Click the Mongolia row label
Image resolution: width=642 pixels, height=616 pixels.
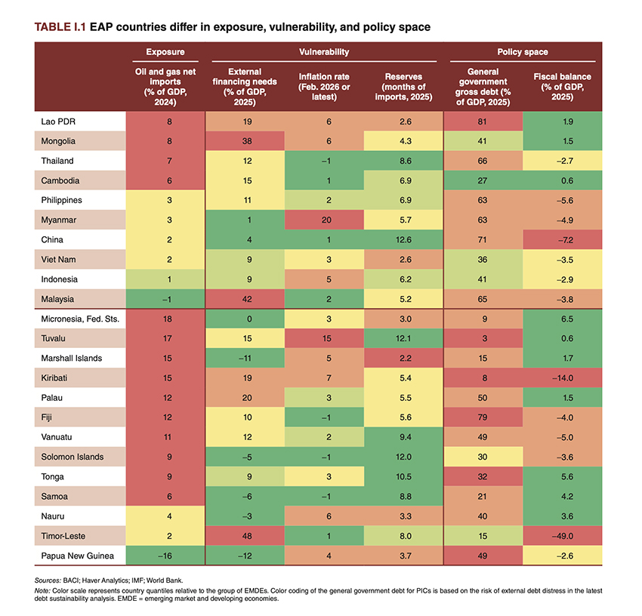tap(59, 140)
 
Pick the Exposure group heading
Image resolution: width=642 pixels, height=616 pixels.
tap(164, 52)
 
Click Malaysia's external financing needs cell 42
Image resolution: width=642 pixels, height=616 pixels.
tap(247, 299)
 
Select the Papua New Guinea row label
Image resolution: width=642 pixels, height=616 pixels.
tap(77, 556)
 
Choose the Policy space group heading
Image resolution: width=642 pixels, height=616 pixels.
tap(523, 52)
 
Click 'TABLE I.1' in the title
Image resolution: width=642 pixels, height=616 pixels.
tap(59, 26)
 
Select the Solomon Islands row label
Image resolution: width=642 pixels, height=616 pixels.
tap(73, 457)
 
